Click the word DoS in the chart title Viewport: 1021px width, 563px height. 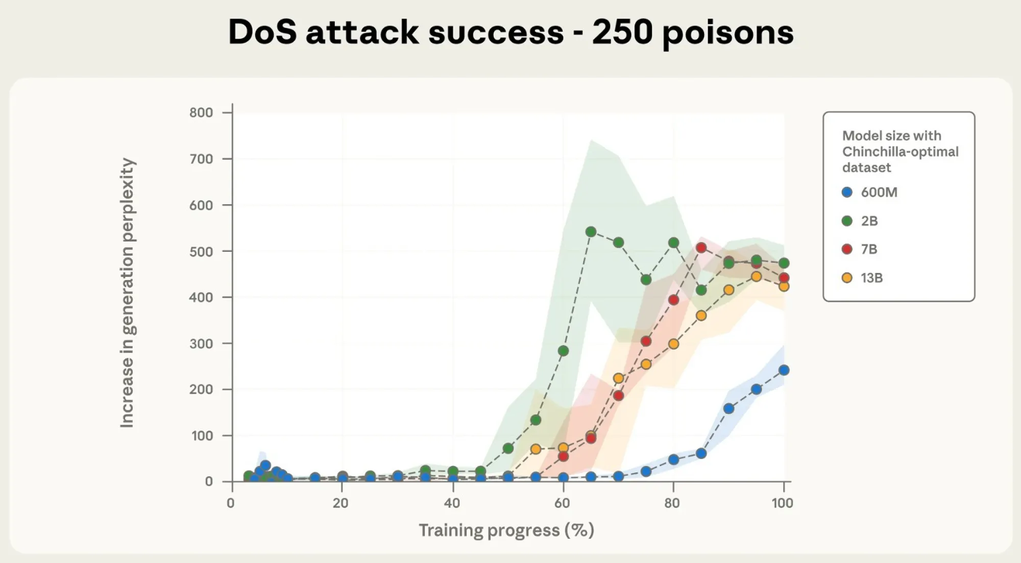coord(262,32)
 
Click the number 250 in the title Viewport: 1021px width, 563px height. coord(622,32)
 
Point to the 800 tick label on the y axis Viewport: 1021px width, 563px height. coord(201,112)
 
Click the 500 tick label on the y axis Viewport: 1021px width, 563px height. coord(201,251)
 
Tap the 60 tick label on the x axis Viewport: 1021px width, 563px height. coord(562,503)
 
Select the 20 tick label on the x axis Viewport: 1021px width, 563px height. coord(341,503)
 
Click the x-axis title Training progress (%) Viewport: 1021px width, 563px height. coord(506,530)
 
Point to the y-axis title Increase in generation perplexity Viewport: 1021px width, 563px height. coord(127,292)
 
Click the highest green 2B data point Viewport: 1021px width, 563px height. coord(591,232)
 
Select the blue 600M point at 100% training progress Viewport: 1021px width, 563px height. coord(784,370)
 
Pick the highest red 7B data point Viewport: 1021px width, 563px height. coord(701,248)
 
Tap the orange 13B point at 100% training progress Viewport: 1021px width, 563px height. coord(784,286)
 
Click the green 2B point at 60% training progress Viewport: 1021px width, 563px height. coord(563,351)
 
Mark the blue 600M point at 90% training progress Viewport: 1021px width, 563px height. coord(728,408)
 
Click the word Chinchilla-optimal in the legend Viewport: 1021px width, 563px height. coord(900,152)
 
